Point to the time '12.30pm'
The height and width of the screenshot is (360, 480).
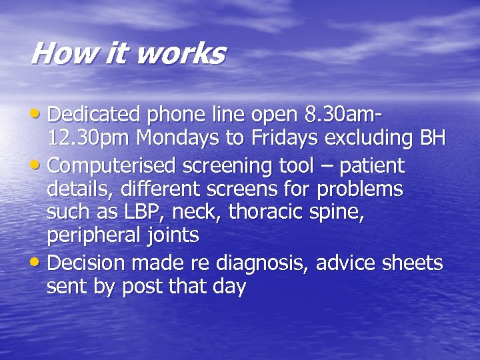tap(89, 139)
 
